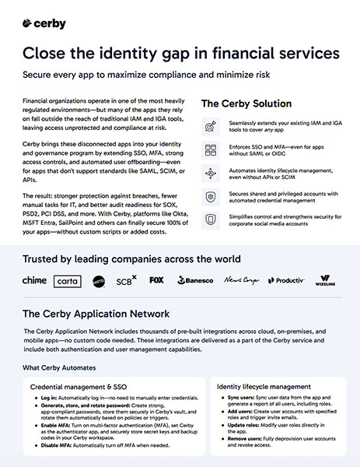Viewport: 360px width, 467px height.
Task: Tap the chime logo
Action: (35, 280)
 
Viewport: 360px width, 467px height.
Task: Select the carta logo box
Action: (67, 280)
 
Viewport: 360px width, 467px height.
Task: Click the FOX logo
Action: (156, 279)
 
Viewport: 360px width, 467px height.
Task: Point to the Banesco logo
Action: (194, 280)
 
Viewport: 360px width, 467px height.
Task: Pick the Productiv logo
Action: (287, 280)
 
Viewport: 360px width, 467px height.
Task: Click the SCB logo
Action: (127, 279)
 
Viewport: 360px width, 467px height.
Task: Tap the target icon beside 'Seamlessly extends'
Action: (209, 127)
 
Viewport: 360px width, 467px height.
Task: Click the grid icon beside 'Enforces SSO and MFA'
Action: (209, 150)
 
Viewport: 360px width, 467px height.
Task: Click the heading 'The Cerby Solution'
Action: (246, 104)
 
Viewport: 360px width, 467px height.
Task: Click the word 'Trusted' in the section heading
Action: (45, 258)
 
